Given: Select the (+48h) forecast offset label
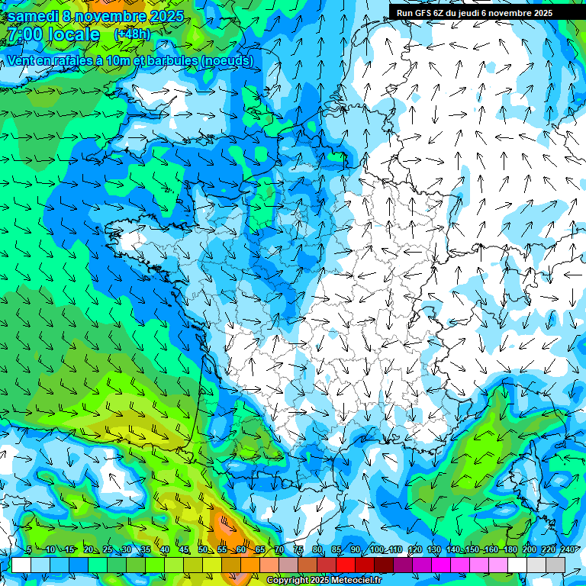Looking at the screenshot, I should pos(132,34).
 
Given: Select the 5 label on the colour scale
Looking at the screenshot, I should pos(28,550).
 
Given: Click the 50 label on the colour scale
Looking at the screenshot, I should pos(203,550).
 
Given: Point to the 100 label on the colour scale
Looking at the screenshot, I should pos(376,550).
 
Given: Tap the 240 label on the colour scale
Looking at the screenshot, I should pos(567,550).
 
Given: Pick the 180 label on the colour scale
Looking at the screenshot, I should pos(509,550).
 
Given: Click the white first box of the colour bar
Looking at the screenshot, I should pos(21,565).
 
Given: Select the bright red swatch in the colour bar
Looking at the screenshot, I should pos(346,565).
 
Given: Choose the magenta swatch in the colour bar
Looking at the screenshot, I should pos(441,565).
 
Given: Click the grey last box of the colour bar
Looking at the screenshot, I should pos(555,565).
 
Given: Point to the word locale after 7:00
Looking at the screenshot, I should pos(73,34).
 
